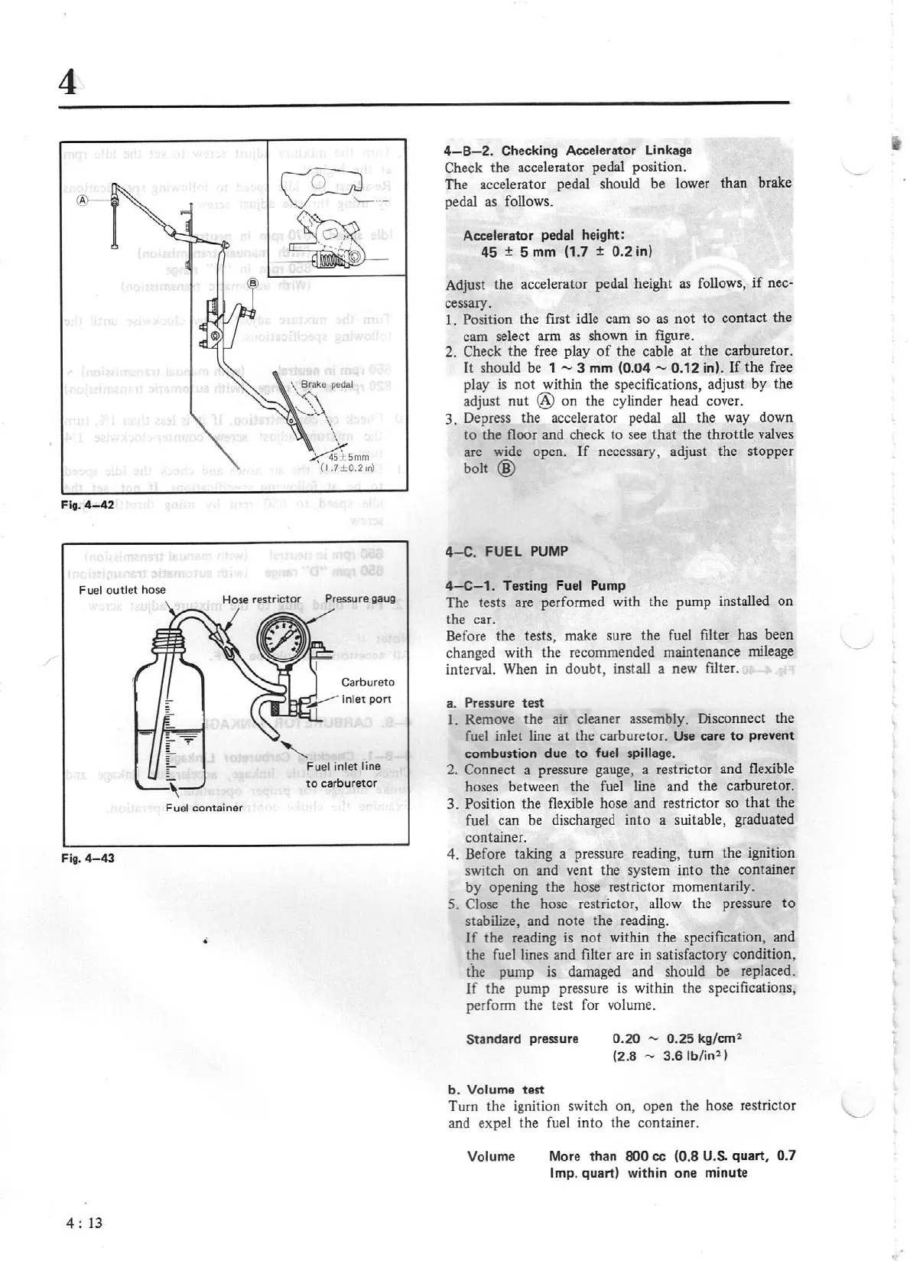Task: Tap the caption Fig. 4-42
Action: click(88, 505)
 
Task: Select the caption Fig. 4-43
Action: click(88, 858)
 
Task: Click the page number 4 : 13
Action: click(84, 1223)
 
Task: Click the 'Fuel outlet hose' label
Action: click(122, 590)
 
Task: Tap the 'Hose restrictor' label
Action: click(262, 599)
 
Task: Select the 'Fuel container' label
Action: click(203, 808)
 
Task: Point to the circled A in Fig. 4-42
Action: click(83, 199)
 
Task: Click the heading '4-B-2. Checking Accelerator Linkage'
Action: click(567, 150)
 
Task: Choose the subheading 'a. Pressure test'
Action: click(495, 702)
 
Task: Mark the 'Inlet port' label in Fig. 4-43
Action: click(366, 699)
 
